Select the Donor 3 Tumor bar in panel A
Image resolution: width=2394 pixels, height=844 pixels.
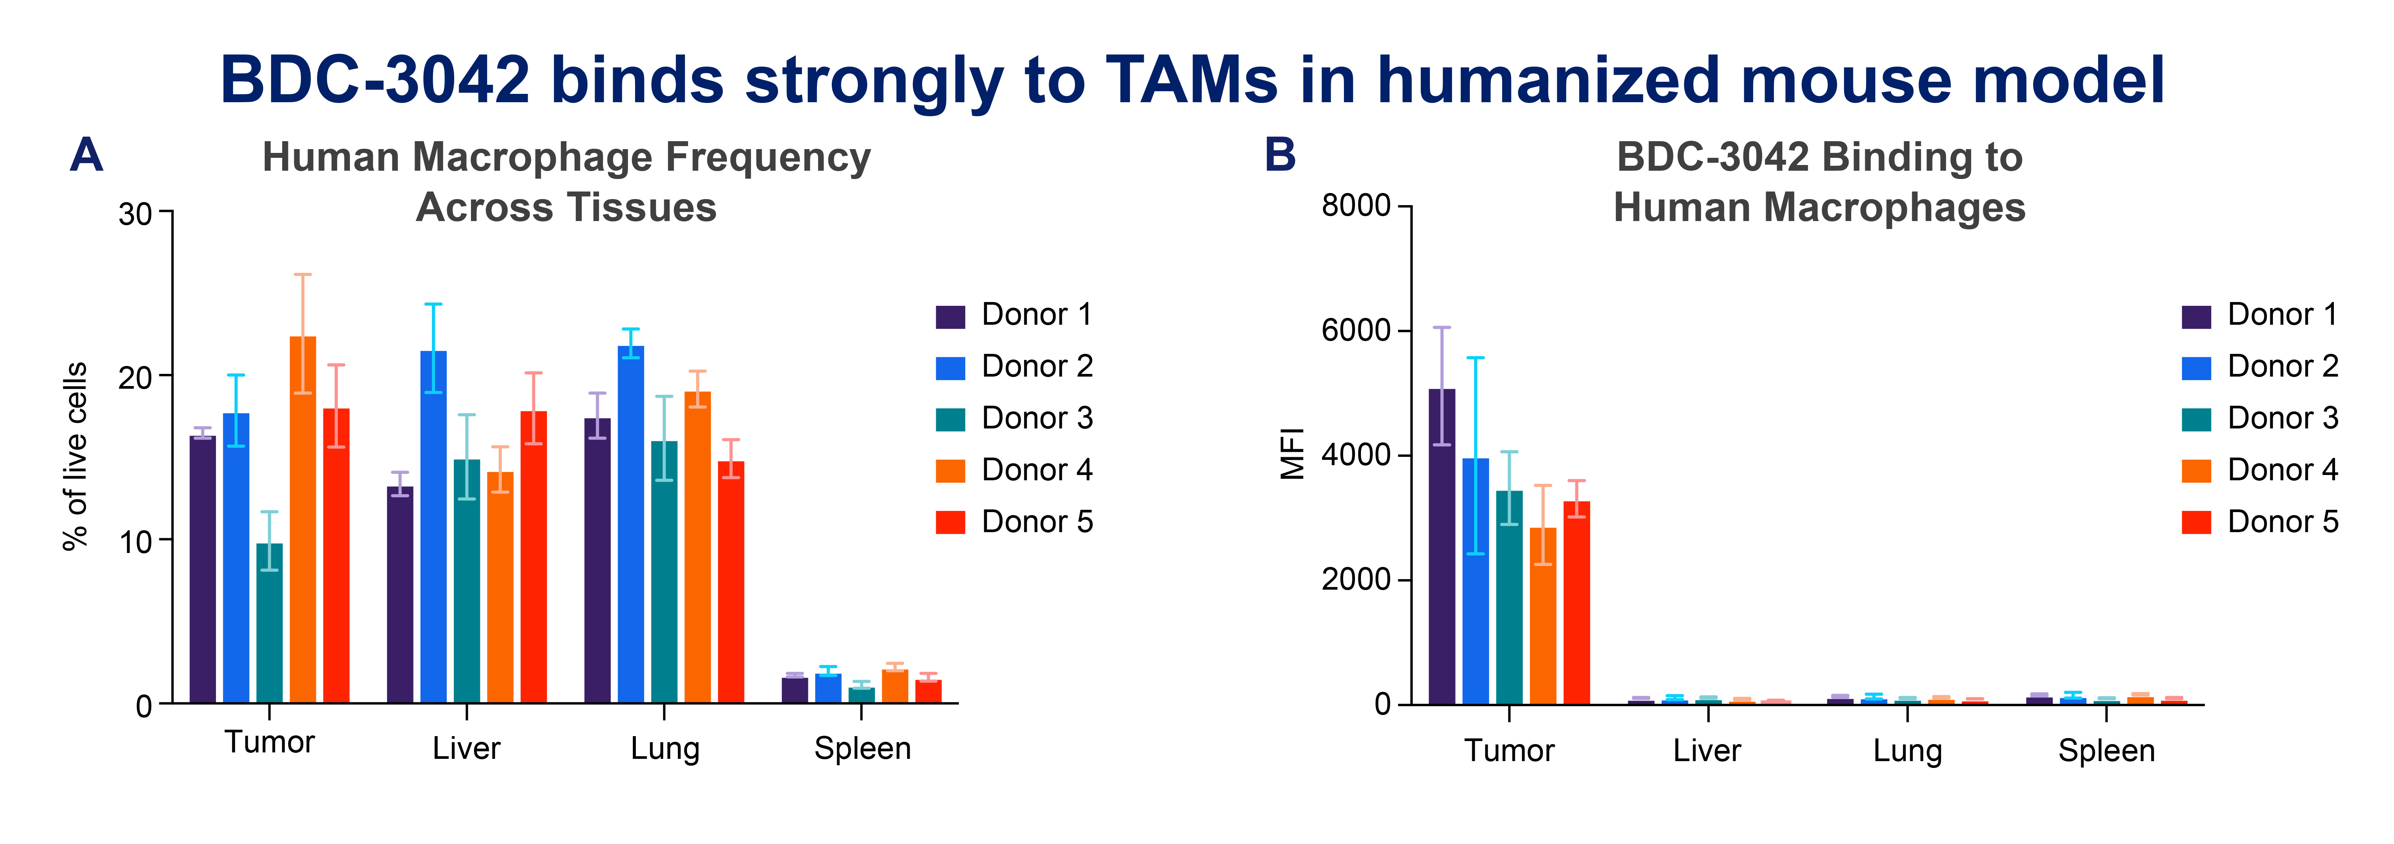[270, 623]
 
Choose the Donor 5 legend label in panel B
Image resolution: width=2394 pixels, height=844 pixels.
[2282, 522]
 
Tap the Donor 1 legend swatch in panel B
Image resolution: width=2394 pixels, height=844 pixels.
[2196, 316]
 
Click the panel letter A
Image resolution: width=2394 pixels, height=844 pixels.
[86, 154]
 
